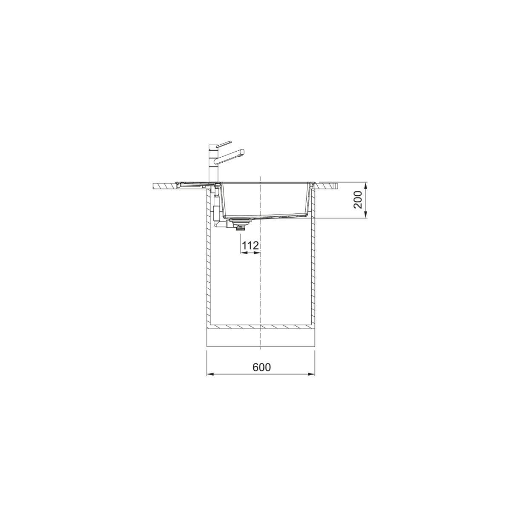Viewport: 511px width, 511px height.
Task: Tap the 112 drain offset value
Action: coord(251,246)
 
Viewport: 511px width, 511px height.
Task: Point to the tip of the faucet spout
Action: coord(243,152)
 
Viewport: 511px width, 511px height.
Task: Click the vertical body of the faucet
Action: coord(213,164)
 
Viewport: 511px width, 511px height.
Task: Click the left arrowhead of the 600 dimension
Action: coord(210,374)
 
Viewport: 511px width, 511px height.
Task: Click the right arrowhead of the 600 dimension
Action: coord(311,374)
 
